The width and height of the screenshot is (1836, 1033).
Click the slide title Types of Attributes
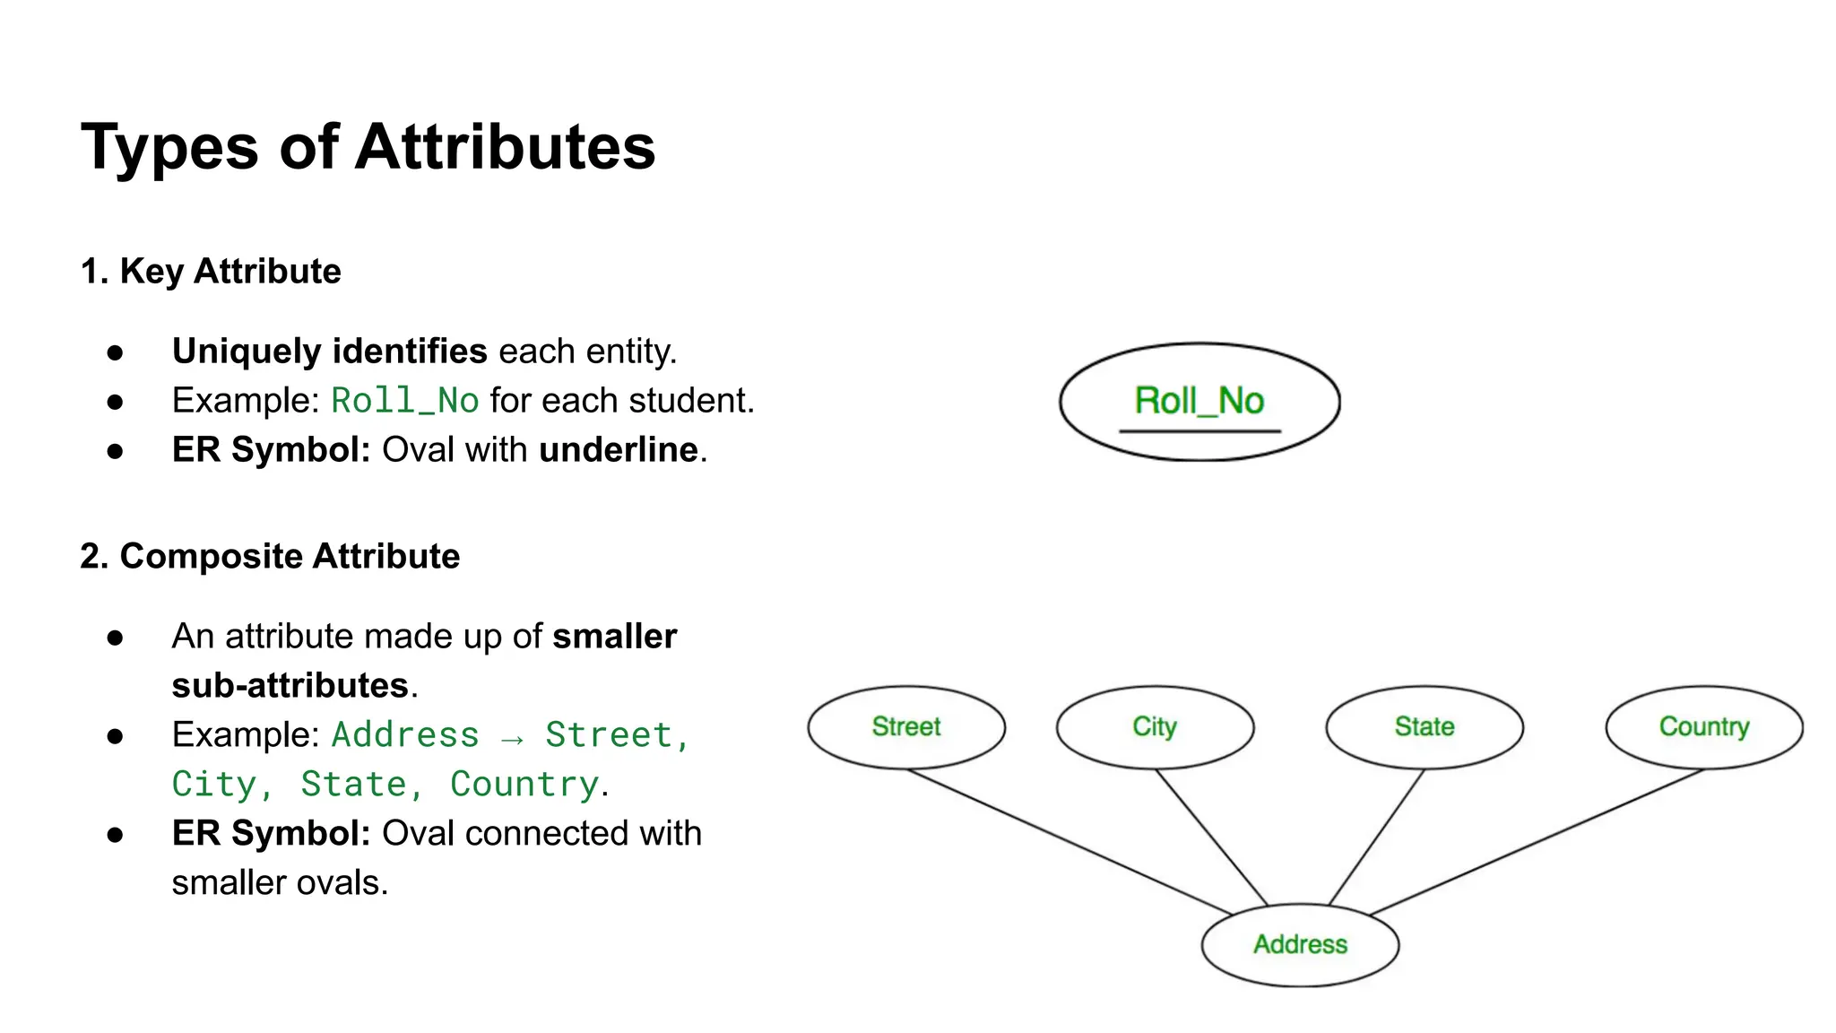pyautogui.click(x=368, y=147)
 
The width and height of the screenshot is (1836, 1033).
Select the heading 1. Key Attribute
pyautogui.click(x=211, y=271)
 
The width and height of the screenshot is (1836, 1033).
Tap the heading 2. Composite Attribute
pyautogui.click(x=270, y=556)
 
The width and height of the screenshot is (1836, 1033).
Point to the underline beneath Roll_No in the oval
pyautogui.click(x=1199, y=431)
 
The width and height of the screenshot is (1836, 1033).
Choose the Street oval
pyautogui.click(x=906, y=726)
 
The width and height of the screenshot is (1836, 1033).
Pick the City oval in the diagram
pyautogui.click(x=1155, y=726)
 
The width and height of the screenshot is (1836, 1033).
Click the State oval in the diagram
pyautogui.click(x=1425, y=726)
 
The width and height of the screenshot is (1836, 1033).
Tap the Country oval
pyautogui.click(x=1704, y=726)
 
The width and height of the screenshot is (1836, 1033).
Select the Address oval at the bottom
pyautogui.click(x=1300, y=944)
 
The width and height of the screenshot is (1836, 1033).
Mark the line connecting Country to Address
pyautogui.click(x=1537, y=841)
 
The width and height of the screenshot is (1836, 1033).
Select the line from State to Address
pyautogui.click(x=1377, y=837)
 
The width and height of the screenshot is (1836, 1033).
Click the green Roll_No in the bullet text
pyautogui.click(x=405, y=401)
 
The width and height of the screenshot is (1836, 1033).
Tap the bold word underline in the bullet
pyautogui.click(x=619, y=450)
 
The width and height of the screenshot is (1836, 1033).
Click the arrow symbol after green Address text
pyautogui.click(x=512, y=737)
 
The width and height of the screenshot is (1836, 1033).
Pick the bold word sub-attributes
pyautogui.click(x=290, y=686)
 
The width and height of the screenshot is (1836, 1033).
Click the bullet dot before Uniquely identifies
pyautogui.click(x=115, y=352)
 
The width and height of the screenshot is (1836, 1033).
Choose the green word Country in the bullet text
pyautogui.click(x=524, y=785)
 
